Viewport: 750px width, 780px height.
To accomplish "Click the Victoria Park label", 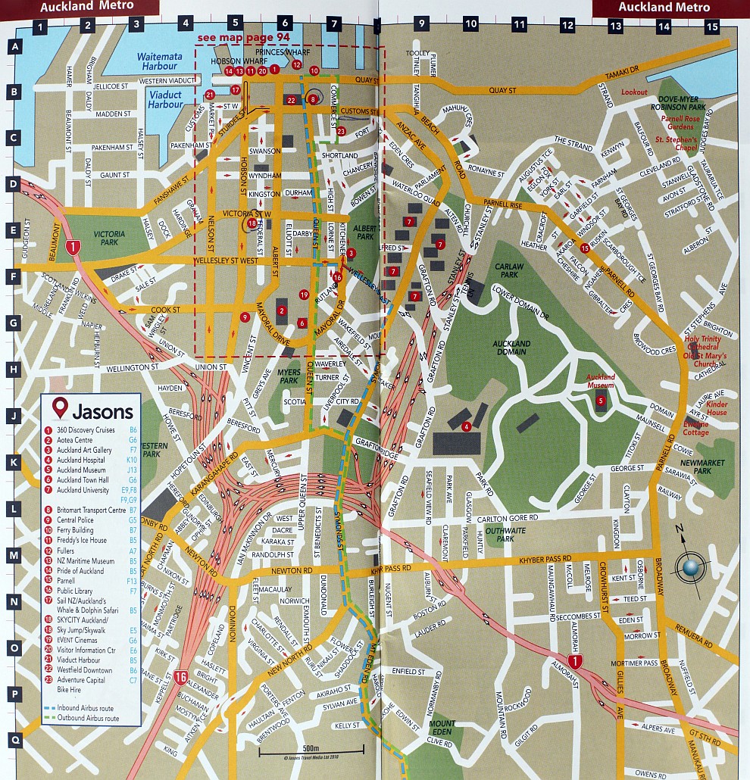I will click(109, 235).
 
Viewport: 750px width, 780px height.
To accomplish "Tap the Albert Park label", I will click(365, 232).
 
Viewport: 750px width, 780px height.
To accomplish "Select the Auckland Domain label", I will click(511, 348).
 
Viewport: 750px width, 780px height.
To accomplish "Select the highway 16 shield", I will click(180, 677).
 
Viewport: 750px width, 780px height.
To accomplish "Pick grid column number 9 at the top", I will click(421, 24).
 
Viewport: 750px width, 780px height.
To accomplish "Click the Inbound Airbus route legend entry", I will click(80, 708).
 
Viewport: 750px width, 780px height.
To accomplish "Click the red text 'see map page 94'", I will click(233, 36).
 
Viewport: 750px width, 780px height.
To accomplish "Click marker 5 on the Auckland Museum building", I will click(600, 400).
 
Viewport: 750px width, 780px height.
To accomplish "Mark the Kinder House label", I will click(717, 408).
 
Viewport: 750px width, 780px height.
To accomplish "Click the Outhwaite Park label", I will click(505, 535).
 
